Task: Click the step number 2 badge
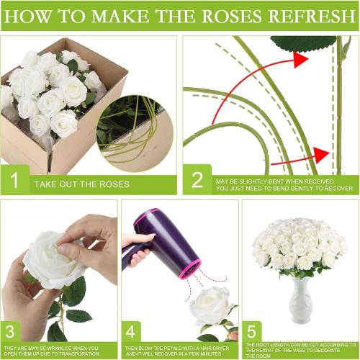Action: [x=197, y=181]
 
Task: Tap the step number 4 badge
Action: [x=133, y=334]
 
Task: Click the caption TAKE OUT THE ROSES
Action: [x=82, y=184]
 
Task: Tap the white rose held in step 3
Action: [x=54, y=259]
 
